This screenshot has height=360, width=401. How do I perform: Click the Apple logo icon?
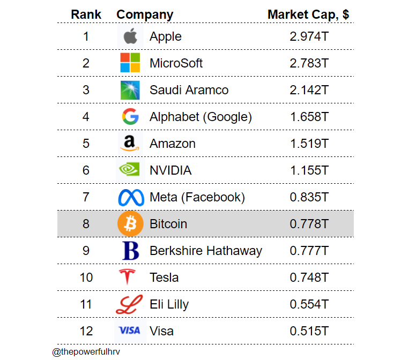coord(130,36)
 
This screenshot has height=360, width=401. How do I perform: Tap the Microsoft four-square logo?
coord(130,63)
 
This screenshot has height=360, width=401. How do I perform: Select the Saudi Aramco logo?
coord(130,89)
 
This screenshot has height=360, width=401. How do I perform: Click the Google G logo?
coord(130,116)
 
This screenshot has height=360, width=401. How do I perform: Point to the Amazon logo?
coord(130,143)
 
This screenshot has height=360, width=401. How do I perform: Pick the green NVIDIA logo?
coord(130,170)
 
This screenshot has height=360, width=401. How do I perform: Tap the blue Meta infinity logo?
coord(131,197)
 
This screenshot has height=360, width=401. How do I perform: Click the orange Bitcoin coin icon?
coord(130,223)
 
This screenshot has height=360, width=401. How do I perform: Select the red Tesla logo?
coord(127,277)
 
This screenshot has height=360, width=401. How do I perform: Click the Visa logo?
coord(129,331)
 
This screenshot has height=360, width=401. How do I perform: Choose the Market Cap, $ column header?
coord(308,14)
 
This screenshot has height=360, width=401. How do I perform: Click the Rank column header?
coord(86,14)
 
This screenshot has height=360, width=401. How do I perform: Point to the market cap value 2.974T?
coord(309,36)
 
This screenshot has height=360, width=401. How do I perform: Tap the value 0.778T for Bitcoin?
coord(309,223)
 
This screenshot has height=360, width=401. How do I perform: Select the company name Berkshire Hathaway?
coord(206,250)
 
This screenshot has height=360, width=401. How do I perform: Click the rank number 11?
coord(86,304)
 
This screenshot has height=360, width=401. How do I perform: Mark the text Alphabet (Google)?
coord(200,116)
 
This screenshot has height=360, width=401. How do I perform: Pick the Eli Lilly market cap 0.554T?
coord(309,304)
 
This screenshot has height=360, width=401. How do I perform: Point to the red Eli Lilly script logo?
coord(129,304)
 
